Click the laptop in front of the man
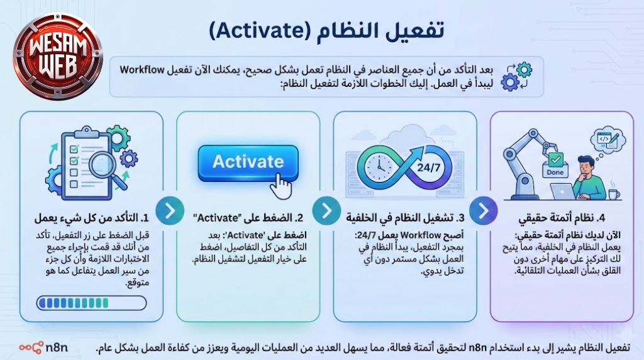pyautogui.click(x=563, y=191)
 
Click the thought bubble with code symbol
pyautogui.click(x=608, y=141)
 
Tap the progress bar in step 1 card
pyautogui.click(x=92, y=303)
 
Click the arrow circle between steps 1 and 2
pyautogui.click(x=170, y=210)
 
